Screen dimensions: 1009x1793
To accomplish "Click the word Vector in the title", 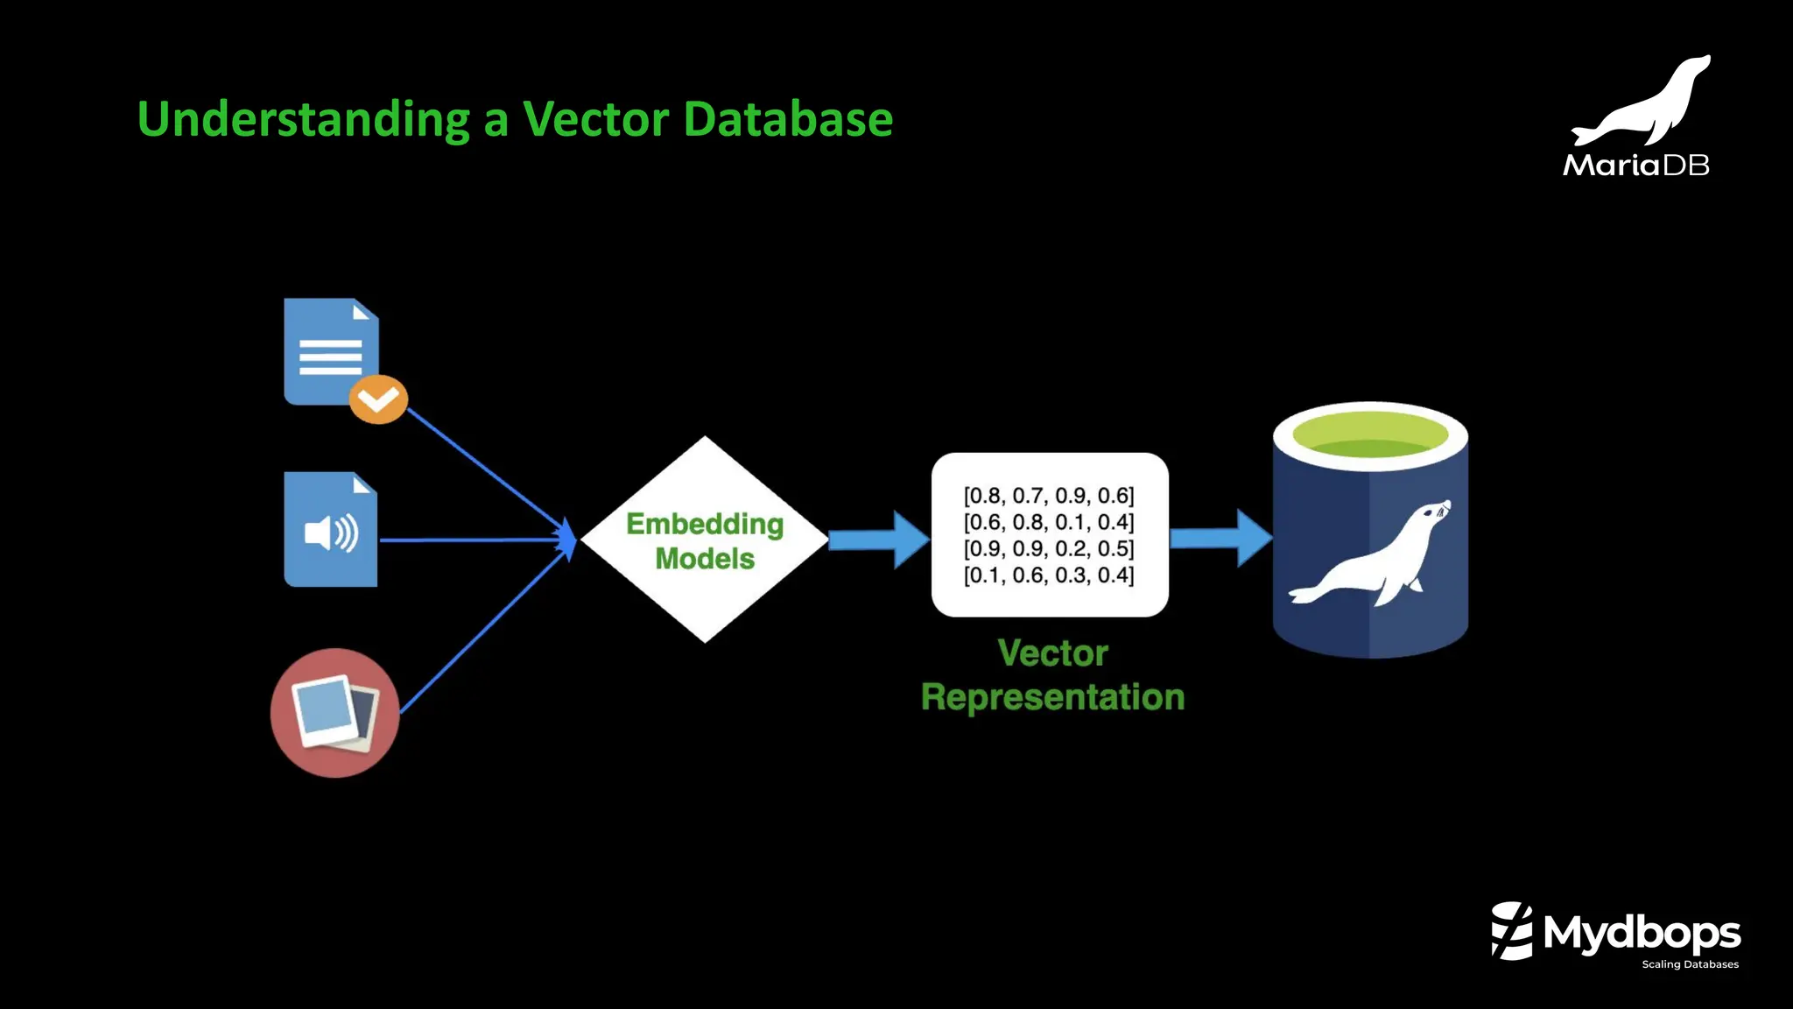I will click(595, 119).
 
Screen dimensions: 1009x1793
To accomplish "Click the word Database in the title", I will click(788, 119).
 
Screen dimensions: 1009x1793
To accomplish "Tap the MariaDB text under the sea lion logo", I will click(1635, 165).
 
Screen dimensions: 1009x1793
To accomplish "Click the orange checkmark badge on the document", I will click(378, 399).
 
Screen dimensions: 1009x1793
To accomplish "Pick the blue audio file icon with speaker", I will click(330, 530).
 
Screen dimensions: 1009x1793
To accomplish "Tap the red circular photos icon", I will click(334, 712).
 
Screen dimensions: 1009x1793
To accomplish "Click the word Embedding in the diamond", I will click(705, 524).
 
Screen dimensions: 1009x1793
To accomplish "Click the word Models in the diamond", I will click(705, 559).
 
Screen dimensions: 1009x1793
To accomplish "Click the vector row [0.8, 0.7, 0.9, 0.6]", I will click(1049, 496).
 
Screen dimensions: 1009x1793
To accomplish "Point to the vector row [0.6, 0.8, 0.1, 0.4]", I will click(1049, 522).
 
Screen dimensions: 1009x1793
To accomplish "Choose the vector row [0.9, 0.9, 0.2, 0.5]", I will click(1049, 548).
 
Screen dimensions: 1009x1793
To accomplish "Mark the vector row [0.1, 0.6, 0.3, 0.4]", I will click(1049, 575).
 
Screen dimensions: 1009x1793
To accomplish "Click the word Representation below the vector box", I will click(1052, 697).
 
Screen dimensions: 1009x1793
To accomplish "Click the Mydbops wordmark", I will click(1642, 933).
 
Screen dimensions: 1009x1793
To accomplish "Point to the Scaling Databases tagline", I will click(1690, 964).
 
